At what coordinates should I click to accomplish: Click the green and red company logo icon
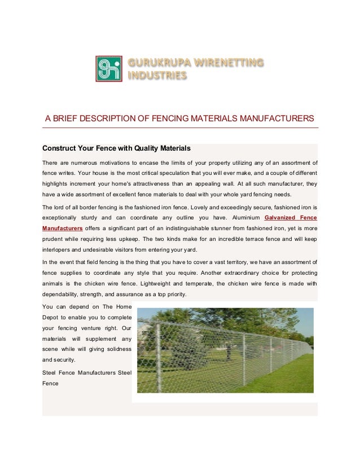tap(109, 69)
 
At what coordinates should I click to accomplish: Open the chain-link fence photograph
tap(225, 350)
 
